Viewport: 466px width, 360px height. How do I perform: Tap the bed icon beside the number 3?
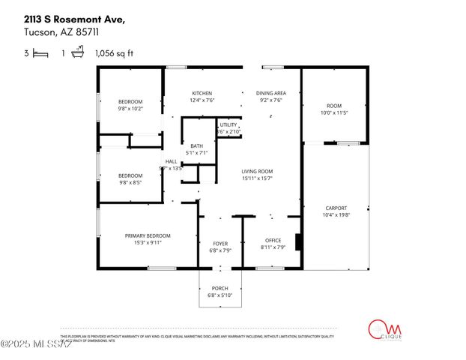(x=40, y=53)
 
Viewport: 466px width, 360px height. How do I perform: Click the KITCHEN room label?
(x=202, y=93)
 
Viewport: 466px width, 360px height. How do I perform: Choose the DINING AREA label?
(x=270, y=93)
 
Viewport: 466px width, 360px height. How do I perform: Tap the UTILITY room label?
(x=229, y=124)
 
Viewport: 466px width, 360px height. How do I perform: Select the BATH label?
(x=197, y=146)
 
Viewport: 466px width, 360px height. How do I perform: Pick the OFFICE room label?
(x=273, y=240)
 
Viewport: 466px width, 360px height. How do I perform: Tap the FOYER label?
(x=220, y=243)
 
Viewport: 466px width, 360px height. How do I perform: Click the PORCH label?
(x=220, y=289)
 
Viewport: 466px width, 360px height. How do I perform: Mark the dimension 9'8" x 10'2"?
(x=130, y=108)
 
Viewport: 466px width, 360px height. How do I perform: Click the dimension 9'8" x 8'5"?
(x=130, y=182)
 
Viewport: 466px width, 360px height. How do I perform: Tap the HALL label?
(x=171, y=161)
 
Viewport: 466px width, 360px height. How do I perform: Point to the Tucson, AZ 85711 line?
(x=52, y=33)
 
